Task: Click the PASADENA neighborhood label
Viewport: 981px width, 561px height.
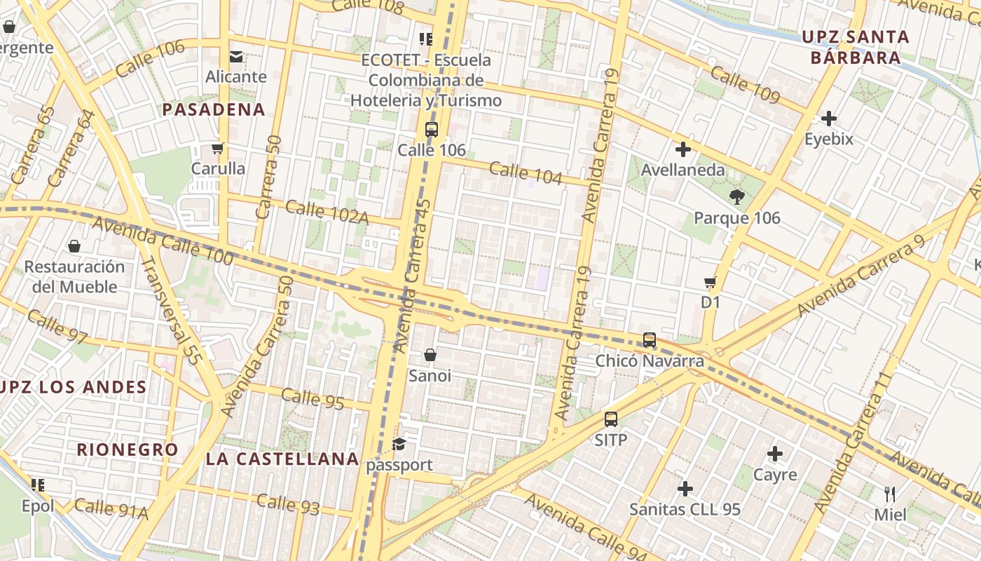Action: (214, 109)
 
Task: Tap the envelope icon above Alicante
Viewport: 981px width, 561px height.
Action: (236, 56)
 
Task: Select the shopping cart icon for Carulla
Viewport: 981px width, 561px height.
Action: (218, 148)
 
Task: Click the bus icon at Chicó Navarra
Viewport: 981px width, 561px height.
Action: (650, 340)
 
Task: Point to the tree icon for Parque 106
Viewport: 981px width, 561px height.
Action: (736, 197)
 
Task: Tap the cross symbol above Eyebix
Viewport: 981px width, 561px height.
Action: (829, 118)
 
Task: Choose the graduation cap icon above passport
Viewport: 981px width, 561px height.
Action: (399, 444)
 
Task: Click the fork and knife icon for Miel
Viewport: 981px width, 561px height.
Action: (890, 494)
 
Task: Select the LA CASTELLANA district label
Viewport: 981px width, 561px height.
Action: (282, 459)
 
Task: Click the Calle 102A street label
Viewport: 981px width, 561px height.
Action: (327, 212)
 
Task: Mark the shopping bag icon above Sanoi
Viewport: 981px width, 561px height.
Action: (430, 355)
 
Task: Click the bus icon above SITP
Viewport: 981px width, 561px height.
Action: (611, 419)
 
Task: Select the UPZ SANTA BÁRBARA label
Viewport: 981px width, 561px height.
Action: (856, 47)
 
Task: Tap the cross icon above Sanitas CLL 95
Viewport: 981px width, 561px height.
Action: (685, 488)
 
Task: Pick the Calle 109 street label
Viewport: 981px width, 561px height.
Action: (745, 85)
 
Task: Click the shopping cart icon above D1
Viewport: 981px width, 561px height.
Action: (711, 282)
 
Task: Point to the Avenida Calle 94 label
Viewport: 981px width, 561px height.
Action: (585, 526)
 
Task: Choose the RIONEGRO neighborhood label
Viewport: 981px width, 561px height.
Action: (128, 450)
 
